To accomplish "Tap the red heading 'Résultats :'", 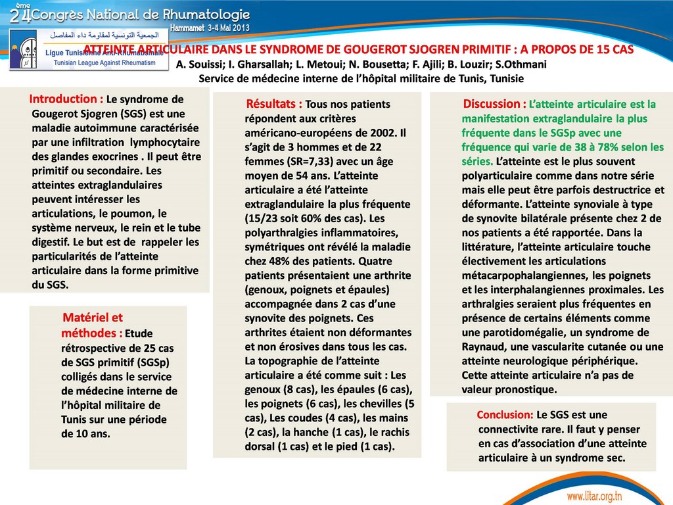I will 274,104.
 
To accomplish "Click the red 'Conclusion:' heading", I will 505,415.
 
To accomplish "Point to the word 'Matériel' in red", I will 92,318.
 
